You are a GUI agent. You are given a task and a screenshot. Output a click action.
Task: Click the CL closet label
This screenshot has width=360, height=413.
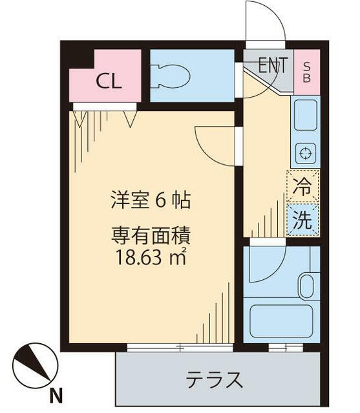109,81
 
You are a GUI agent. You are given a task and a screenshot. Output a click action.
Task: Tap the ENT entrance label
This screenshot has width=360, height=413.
273,65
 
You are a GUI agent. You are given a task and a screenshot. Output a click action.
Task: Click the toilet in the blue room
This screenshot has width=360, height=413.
171,76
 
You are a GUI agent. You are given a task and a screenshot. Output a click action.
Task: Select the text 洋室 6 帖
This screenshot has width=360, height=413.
149,200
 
